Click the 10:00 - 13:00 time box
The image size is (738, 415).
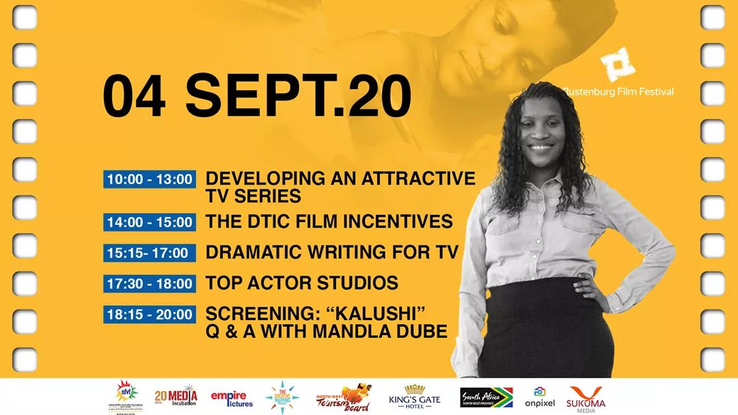pyautogui.click(x=150, y=180)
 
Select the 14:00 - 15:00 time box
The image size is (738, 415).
pyautogui.click(x=150, y=222)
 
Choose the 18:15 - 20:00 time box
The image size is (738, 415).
pyautogui.click(x=150, y=315)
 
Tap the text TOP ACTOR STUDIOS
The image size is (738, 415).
pyautogui.click(x=301, y=283)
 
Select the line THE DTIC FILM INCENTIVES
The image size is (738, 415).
pyautogui.click(x=329, y=222)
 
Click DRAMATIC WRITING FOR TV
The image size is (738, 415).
pyautogui.click(x=331, y=252)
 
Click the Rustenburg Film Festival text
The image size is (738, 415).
pyautogui.click(x=618, y=92)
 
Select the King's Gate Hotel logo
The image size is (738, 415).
pyautogui.click(x=415, y=397)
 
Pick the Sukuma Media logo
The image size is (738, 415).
pyautogui.click(x=586, y=397)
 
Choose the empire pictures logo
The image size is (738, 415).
pyautogui.click(x=232, y=399)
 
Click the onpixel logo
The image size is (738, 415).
pyautogui.click(x=540, y=397)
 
